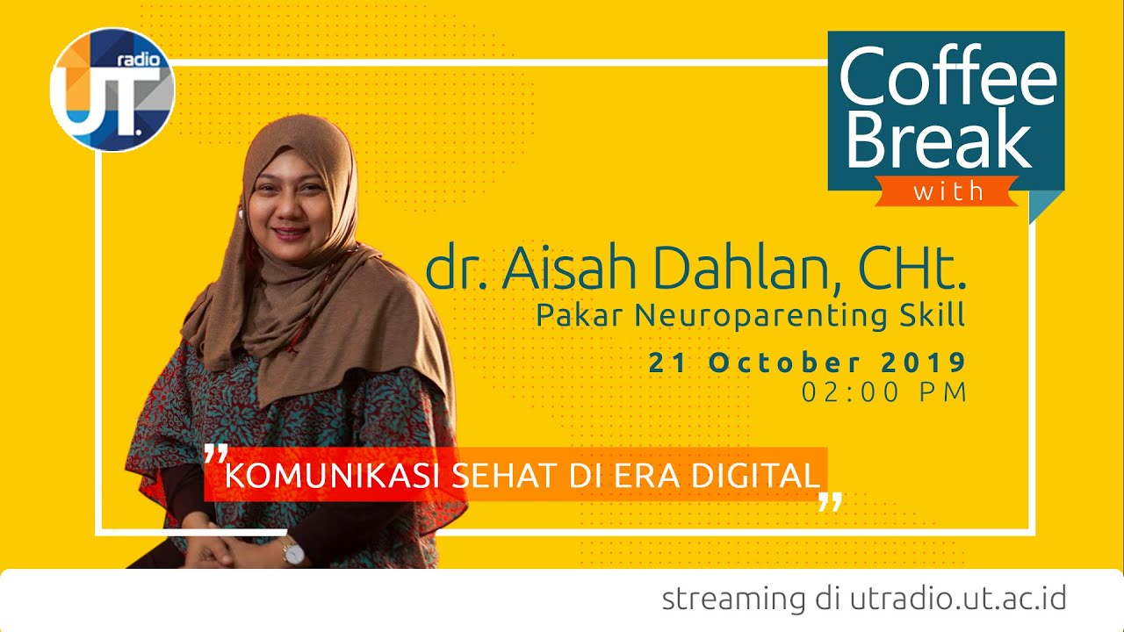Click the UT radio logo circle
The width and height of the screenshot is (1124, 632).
[x=112, y=90]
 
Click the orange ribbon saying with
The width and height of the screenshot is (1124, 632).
[x=947, y=190]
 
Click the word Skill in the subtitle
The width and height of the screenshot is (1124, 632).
[x=934, y=313]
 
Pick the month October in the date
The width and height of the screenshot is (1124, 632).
[x=786, y=362]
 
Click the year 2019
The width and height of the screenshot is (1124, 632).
[x=922, y=362]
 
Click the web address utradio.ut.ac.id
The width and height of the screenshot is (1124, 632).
[x=958, y=599]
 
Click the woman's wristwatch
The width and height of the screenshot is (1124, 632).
[x=292, y=552]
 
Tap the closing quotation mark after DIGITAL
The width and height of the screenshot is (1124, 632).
[x=829, y=501]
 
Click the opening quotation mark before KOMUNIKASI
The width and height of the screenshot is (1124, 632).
[x=215, y=455]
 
